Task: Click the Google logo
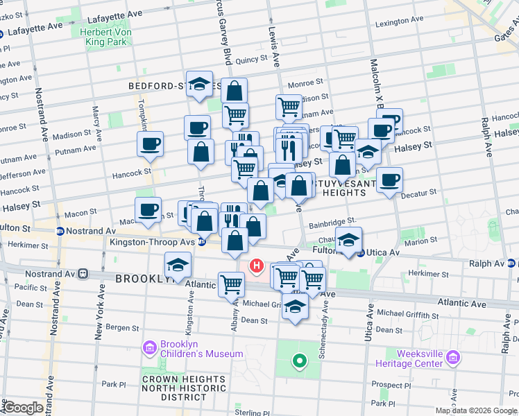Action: click(22, 408)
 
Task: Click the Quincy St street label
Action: click(246, 60)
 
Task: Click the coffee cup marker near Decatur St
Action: click(390, 181)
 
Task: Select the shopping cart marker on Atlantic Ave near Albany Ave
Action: click(232, 283)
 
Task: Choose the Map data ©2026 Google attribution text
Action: click(476, 410)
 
